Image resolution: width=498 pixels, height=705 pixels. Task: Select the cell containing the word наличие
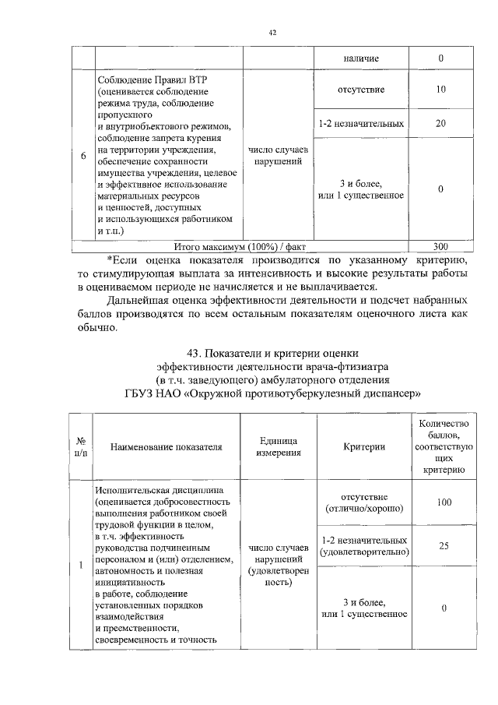(359, 58)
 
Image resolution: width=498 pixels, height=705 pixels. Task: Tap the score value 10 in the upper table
(441, 90)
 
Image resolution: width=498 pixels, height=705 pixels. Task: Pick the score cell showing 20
(441, 123)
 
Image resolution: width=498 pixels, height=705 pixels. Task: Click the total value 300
(441, 247)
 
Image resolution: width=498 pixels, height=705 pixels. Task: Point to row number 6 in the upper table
(83, 156)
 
